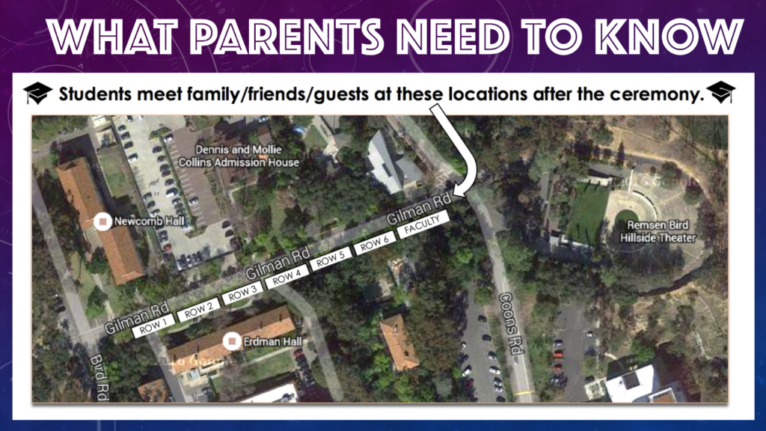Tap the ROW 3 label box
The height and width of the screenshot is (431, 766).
[242, 293]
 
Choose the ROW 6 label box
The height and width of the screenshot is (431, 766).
[375, 242]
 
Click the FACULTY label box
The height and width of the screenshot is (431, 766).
[423, 224]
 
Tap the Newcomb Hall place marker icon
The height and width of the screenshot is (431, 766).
[102, 221]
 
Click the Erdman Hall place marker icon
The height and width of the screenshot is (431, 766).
[232, 341]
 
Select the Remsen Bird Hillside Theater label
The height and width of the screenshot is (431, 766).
[658, 232]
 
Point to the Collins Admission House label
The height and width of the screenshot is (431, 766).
[239, 156]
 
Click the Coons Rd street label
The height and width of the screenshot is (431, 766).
[510, 323]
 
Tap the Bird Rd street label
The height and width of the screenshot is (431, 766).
[99, 378]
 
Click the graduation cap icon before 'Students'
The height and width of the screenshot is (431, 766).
[37, 93]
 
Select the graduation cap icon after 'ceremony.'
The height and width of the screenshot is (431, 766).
[720, 92]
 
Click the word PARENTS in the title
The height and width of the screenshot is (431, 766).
[289, 37]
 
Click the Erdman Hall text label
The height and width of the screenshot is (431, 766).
[272, 341]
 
